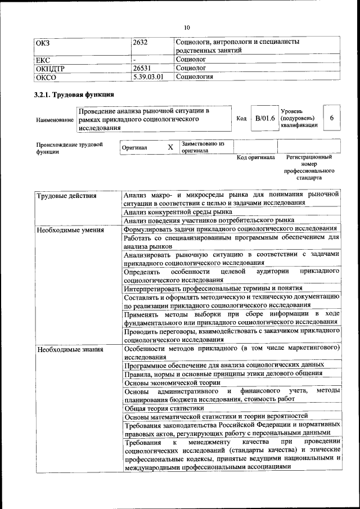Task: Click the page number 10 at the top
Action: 187,27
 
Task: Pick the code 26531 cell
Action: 142,68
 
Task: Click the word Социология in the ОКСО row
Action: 195,76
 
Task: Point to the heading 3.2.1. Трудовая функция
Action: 74,94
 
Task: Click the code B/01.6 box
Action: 265,118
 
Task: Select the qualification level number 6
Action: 332,118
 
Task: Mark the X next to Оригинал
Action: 170,147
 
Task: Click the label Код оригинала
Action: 255,157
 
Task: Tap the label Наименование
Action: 55,120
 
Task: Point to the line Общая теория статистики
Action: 164,408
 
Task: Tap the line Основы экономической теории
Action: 172,382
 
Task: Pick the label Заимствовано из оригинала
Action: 203,147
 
